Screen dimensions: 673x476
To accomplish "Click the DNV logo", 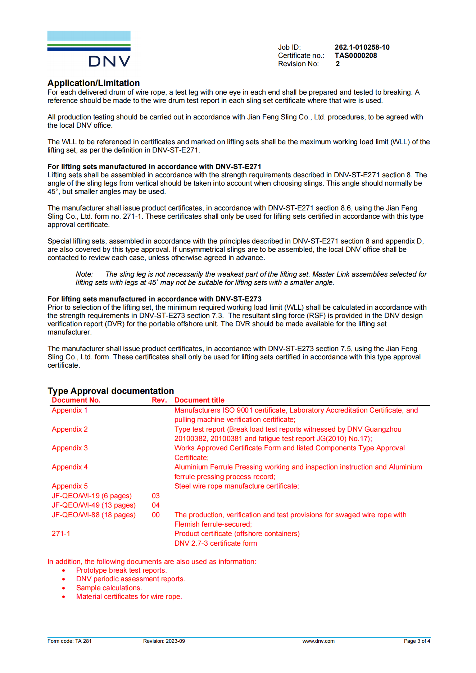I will pos(89,49).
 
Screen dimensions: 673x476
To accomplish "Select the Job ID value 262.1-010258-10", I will pos(362,47).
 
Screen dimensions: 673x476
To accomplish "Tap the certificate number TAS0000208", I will pos(355,55).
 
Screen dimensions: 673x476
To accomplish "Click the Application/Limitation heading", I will pos(94,83).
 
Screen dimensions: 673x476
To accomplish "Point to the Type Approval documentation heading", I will pos(110,391).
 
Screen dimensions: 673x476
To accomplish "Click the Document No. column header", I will pos(76,400).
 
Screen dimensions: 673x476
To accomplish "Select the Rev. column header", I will pos(159,400).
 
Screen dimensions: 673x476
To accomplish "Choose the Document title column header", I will pos(199,400).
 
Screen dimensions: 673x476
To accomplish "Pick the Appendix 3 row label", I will pos(69,448).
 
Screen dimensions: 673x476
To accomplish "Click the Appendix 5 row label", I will pos(69,486).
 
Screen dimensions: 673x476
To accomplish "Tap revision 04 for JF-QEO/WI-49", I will pos(155,505).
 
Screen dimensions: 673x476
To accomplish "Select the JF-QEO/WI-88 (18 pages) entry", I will pos(94,515).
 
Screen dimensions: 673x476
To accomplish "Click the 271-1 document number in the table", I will pos(61,534).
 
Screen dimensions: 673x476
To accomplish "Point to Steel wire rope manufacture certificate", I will pos(236,486).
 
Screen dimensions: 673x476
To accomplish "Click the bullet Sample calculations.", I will pos(109,588).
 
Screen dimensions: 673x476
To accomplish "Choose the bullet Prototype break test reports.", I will pos(121,570).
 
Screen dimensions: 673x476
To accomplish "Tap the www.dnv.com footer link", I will pos(318,641).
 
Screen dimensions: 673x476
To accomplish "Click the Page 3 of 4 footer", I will pos(417,641).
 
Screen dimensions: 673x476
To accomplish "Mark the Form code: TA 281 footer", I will pos(69,641).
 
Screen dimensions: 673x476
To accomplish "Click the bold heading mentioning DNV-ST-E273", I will pos(154,299).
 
